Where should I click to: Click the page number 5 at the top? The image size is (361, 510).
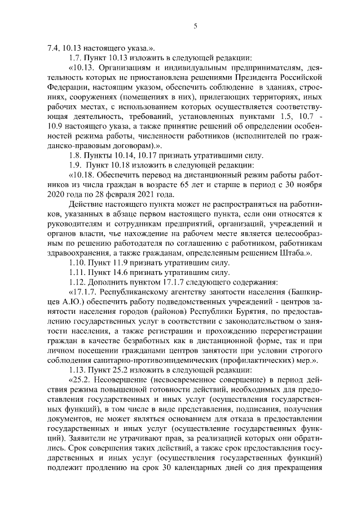click(x=195, y=25)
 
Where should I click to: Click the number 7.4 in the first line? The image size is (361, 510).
click(x=52, y=47)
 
